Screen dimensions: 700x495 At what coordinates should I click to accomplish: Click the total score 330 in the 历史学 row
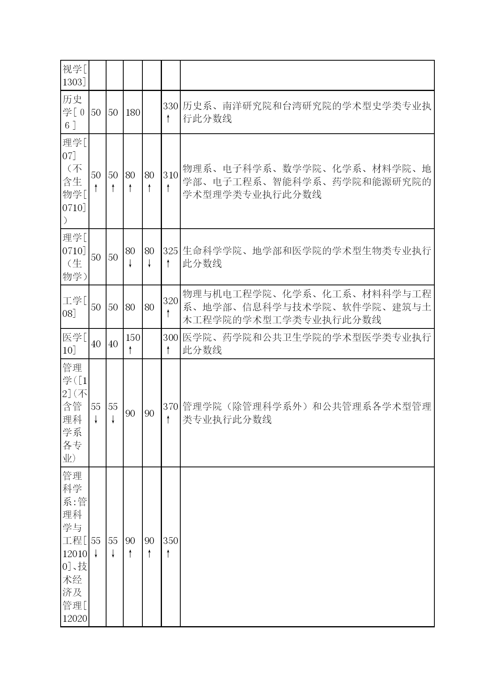coord(170,106)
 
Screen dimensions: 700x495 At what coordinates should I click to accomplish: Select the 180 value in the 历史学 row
coord(132,113)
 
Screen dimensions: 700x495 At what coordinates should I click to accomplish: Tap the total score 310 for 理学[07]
coord(170,175)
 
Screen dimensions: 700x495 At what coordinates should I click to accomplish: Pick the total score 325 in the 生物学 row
coord(170,251)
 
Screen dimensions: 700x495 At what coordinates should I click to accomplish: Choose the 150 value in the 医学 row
coord(132,338)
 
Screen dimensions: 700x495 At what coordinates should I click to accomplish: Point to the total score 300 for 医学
coord(170,338)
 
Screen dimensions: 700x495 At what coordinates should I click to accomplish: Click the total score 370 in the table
coord(170,407)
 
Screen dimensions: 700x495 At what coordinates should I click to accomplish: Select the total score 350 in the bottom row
coord(170,541)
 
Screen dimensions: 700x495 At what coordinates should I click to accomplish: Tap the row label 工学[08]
coord(75,307)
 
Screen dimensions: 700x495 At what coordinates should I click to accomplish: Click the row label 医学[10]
coord(75,344)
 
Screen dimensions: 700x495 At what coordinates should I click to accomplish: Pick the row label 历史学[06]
coord(75,112)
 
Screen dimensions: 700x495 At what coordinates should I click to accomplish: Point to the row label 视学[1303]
coord(75,75)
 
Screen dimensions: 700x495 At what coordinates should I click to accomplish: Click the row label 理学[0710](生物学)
coord(75,257)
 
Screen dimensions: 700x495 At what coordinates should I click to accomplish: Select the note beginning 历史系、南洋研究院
coord(306,112)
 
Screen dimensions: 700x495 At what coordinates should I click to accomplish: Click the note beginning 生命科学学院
coord(306,257)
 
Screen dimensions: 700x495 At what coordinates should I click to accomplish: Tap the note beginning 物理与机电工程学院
coord(306,307)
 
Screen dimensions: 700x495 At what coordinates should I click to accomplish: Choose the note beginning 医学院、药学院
coord(306,344)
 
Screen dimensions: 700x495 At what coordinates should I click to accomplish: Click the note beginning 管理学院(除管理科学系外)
coord(306,413)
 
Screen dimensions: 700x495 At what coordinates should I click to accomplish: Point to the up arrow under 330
coord(168,119)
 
